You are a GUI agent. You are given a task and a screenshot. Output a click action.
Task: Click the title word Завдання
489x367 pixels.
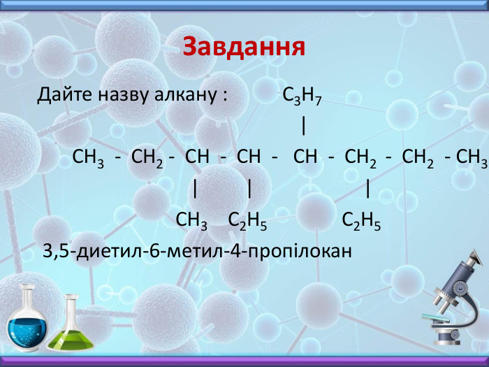(244, 47)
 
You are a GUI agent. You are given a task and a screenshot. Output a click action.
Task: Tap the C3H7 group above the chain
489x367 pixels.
(302, 96)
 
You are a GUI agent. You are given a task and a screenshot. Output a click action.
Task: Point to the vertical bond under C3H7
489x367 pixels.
(304, 126)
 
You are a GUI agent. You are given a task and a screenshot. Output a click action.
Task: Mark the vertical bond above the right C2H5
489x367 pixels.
(367, 189)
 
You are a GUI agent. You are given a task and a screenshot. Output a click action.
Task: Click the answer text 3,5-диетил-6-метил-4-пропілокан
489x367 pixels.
(196, 250)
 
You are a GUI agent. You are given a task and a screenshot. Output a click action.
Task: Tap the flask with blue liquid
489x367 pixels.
(29, 321)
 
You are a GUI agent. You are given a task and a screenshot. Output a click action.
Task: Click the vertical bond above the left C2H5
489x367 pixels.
(249, 189)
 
